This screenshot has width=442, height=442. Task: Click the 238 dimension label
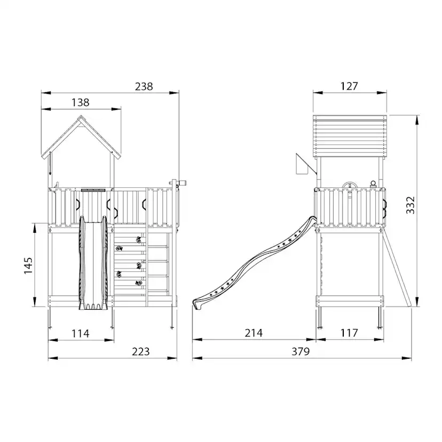tap(144, 86)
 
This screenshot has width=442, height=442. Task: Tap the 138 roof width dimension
tap(80, 102)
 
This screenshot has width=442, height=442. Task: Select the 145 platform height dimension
tap(28, 265)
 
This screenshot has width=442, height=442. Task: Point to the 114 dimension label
tap(80, 334)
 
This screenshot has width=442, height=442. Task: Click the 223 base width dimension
tap(141, 351)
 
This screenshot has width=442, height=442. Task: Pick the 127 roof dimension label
tap(349, 86)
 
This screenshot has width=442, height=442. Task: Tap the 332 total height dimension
tap(411, 205)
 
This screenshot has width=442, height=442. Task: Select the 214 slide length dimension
tap(254, 333)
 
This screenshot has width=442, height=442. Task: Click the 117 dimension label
tap(349, 333)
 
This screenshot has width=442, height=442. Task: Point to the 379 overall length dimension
tap(301, 351)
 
